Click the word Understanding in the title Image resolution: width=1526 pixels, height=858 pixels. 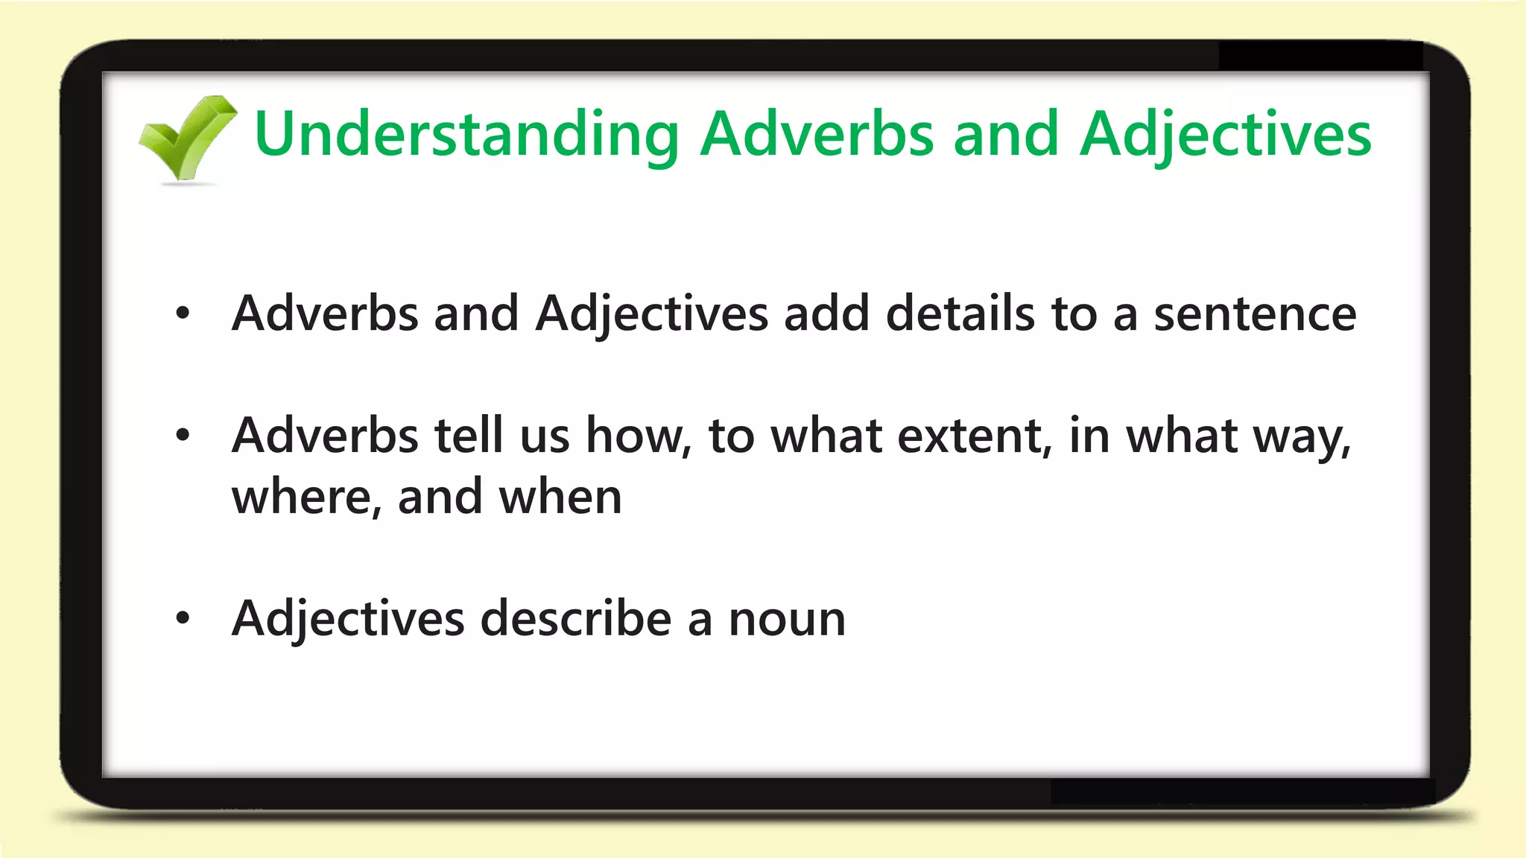(466, 135)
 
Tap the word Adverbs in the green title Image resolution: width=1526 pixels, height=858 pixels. (817, 135)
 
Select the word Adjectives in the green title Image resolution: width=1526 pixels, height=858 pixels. (1226, 135)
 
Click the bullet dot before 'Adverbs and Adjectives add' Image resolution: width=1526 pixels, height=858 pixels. (183, 314)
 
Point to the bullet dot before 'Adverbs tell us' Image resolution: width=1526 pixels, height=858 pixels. (183, 436)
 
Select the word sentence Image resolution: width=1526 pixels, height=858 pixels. (1255, 314)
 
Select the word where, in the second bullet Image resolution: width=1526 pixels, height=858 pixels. (306, 497)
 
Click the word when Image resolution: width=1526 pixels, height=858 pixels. (560, 497)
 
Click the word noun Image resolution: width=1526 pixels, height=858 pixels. (787, 620)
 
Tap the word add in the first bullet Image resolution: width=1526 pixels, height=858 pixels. (826, 314)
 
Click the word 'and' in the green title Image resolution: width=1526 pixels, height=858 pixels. (1006, 135)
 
